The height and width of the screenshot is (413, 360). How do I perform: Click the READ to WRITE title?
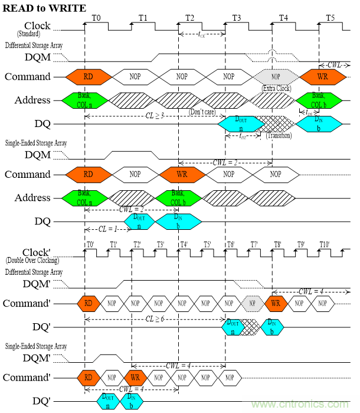click(x=44, y=8)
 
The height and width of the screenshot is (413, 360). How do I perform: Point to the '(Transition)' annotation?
click(x=279, y=135)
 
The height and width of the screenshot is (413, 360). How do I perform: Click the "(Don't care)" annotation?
click(x=204, y=111)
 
